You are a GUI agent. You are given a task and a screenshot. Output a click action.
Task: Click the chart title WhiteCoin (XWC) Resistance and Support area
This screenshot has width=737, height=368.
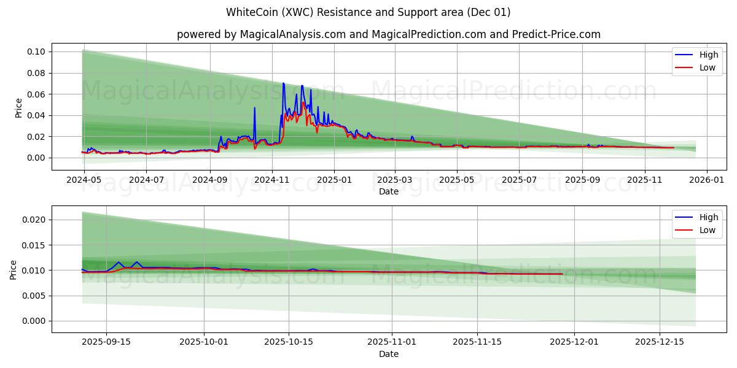(x=368, y=12)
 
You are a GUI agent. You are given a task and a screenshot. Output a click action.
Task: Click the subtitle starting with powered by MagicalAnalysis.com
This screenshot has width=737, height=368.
(x=389, y=34)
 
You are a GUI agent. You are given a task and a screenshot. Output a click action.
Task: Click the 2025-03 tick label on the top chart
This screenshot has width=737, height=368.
(x=395, y=180)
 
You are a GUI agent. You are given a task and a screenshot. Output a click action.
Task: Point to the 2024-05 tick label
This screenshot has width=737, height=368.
(x=83, y=180)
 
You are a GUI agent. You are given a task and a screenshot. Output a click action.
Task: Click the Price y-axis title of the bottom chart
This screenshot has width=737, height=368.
(x=14, y=269)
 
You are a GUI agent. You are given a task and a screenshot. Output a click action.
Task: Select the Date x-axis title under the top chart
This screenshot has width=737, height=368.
(x=389, y=191)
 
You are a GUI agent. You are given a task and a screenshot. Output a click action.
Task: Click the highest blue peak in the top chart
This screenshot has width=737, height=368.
(x=283, y=83)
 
